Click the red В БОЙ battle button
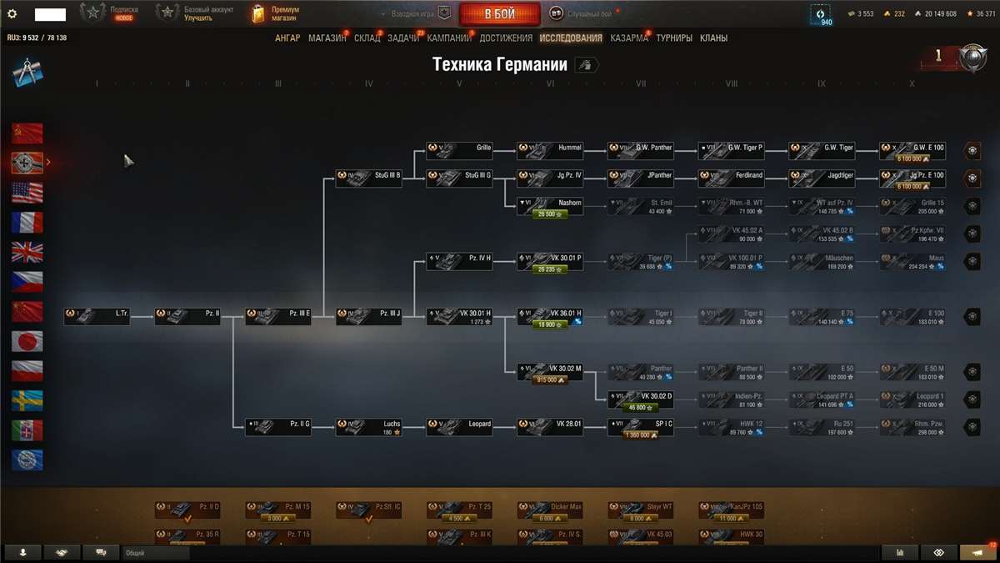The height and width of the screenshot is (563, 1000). [499, 14]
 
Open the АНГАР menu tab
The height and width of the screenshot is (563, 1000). [287, 38]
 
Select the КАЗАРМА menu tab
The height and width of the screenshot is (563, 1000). [628, 38]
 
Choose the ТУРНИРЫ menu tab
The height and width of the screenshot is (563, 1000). [673, 38]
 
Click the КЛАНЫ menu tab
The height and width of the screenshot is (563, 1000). [713, 38]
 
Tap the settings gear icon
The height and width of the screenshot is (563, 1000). [12, 14]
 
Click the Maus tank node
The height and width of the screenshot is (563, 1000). [912, 261]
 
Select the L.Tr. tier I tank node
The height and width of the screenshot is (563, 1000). [97, 317]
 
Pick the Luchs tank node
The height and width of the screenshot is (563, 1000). [368, 427]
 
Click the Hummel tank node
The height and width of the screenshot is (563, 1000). [549, 150]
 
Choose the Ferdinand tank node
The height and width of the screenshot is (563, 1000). [731, 178]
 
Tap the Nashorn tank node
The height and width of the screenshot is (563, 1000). [549, 206]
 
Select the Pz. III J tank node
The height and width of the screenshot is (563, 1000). [368, 317]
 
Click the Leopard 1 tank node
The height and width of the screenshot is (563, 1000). [912, 400]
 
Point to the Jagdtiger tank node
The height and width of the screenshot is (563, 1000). [822, 178]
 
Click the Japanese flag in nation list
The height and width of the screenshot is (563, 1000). [27, 341]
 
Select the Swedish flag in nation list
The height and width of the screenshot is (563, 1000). [27, 400]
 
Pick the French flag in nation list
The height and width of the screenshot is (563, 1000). [27, 222]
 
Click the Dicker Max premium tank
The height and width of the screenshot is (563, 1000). [549, 510]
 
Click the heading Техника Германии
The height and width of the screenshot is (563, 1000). [500, 65]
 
